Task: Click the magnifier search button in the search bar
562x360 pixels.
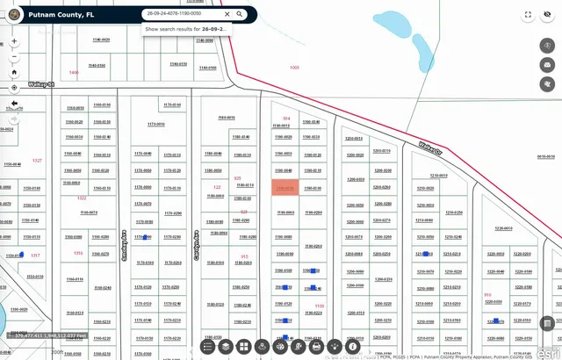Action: (x=239, y=14)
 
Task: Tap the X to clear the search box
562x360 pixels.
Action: (x=227, y=14)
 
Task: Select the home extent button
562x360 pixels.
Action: (x=14, y=68)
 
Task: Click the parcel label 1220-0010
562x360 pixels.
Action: (x=504, y=227)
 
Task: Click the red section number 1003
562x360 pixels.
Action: (x=294, y=68)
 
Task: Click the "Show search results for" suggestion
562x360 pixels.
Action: (x=186, y=29)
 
